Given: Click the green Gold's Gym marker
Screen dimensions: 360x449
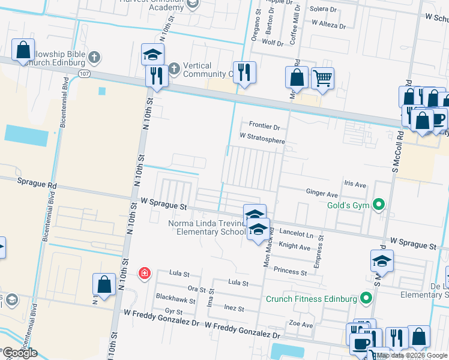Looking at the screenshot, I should pyautogui.click(x=378, y=205).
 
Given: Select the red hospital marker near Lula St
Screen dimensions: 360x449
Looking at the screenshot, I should pyautogui.click(x=144, y=274).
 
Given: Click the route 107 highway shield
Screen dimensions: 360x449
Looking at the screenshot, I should pyautogui.click(x=84, y=73).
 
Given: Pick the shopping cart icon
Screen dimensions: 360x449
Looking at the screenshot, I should pyautogui.click(x=323, y=77).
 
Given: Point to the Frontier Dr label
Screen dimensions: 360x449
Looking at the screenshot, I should pyautogui.click(x=264, y=127).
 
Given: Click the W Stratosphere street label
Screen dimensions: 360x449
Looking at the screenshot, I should pyautogui.click(x=262, y=137).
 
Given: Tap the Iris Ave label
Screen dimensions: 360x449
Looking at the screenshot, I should pyautogui.click(x=354, y=185).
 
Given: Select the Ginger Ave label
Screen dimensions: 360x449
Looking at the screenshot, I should pyautogui.click(x=322, y=194).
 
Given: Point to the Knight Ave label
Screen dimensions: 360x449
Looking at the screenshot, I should pyautogui.click(x=294, y=247).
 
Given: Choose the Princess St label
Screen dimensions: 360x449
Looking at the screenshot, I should pyautogui.click(x=290, y=272).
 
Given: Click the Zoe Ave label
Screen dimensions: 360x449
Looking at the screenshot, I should pyautogui.click(x=301, y=325).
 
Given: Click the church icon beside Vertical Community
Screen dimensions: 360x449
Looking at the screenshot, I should pyautogui.click(x=174, y=67).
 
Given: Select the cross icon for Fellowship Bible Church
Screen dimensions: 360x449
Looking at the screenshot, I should pyautogui.click(x=94, y=58).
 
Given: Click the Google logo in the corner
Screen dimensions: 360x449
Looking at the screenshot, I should pyautogui.click(x=20, y=353).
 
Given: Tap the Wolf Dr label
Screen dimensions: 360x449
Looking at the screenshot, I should pyautogui.click(x=273, y=43).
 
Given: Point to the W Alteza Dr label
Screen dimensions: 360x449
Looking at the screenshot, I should pyautogui.click(x=328, y=26).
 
